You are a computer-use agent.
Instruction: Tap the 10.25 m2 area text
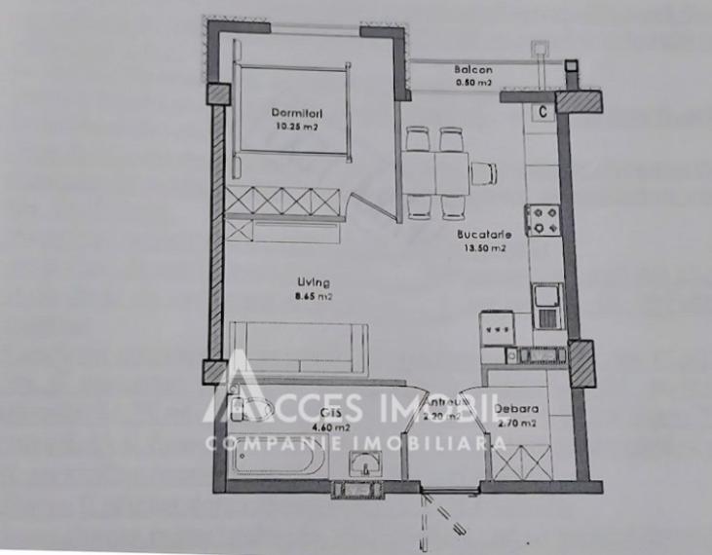click(x=296, y=127)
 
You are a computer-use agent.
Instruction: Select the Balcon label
click(x=473, y=70)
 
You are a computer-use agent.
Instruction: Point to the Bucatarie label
click(x=481, y=235)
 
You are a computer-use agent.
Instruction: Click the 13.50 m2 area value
click(x=483, y=248)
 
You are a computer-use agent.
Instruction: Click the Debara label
click(x=515, y=410)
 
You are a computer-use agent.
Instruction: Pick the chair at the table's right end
click(x=482, y=173)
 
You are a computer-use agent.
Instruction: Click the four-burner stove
click(x=542, y=220)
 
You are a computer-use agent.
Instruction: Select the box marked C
click(x=542, y=111)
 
